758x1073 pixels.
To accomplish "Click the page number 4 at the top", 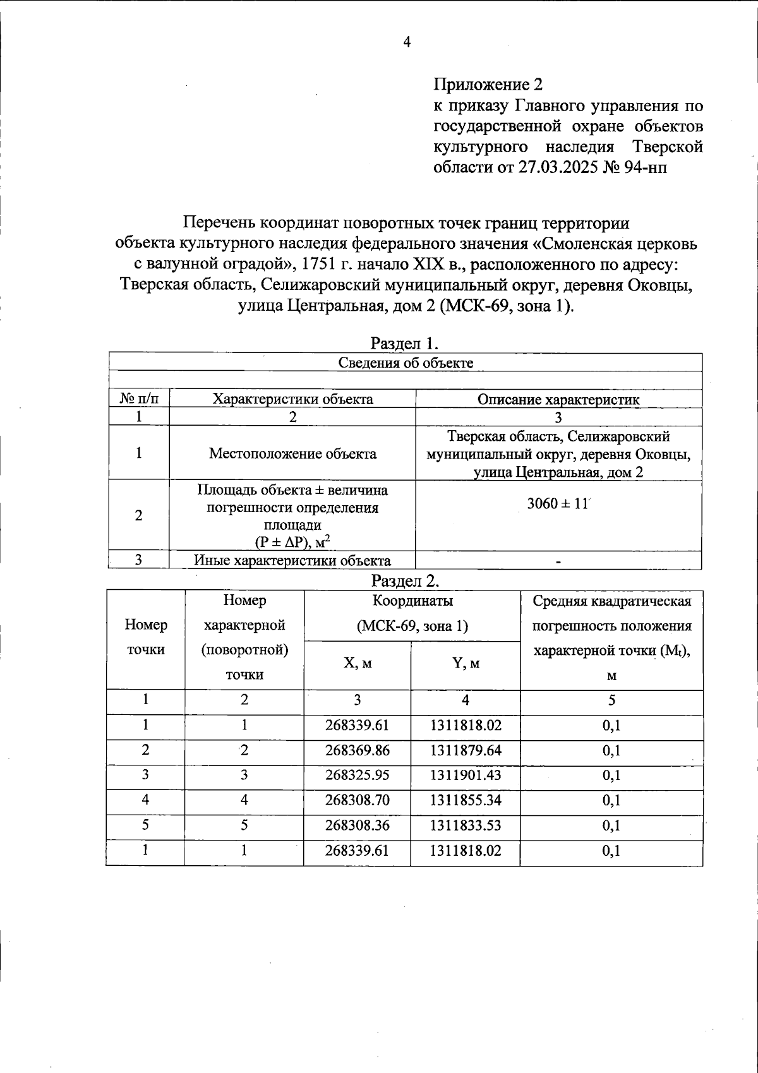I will (407, 42).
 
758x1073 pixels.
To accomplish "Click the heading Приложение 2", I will (488, 85).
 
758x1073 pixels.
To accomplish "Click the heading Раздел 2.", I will (405, 580).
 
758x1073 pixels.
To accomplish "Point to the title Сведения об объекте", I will (406, 363).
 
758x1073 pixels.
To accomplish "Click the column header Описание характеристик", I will (558, 399).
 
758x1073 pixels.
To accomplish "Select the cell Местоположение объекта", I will (292, 453).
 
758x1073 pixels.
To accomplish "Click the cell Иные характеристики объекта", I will (292, 560).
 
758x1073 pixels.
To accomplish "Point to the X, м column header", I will (357, 663).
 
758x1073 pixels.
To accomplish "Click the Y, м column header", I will (466, 663).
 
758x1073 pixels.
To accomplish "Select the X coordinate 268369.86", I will (357, 750).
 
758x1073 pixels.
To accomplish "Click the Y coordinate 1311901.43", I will (466, 776).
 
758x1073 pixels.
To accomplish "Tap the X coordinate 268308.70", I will (357, 800).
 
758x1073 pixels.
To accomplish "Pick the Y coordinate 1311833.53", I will (466, 825).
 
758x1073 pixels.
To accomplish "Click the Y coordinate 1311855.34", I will (466, 800).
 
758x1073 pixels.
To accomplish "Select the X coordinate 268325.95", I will (357, 776).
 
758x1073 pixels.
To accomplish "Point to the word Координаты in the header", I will (412, 601).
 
